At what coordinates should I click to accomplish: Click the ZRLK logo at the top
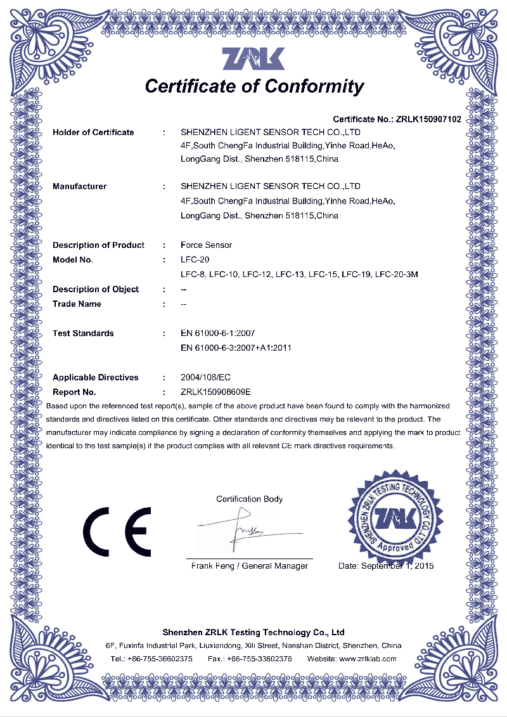click(x=253, y=59)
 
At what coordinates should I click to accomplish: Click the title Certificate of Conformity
click(x=254, y=86)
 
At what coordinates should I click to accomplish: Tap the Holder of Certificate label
click(x=93, y=132)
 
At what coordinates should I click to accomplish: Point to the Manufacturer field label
click(x=79, y=186)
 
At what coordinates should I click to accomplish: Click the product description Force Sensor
click(x=206, y=245)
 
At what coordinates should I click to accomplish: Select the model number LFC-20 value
click(x=195, y=260)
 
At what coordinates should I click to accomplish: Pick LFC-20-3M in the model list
click(x=397, y=275)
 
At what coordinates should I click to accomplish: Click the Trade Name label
click(x=77, y=304)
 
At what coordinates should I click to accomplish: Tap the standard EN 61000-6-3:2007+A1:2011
click(x=236, y=348)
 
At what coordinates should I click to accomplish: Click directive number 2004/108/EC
click(x=210, y=378)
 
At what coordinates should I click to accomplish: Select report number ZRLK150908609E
click(x=216, y=392)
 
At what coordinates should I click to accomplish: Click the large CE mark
click(x=117, y=530)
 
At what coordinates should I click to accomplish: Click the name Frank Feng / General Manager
click(x=249, y=565)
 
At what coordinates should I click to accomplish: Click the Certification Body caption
click(x=249, y=499)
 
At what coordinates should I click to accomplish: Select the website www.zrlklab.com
click(x=368, y=659)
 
